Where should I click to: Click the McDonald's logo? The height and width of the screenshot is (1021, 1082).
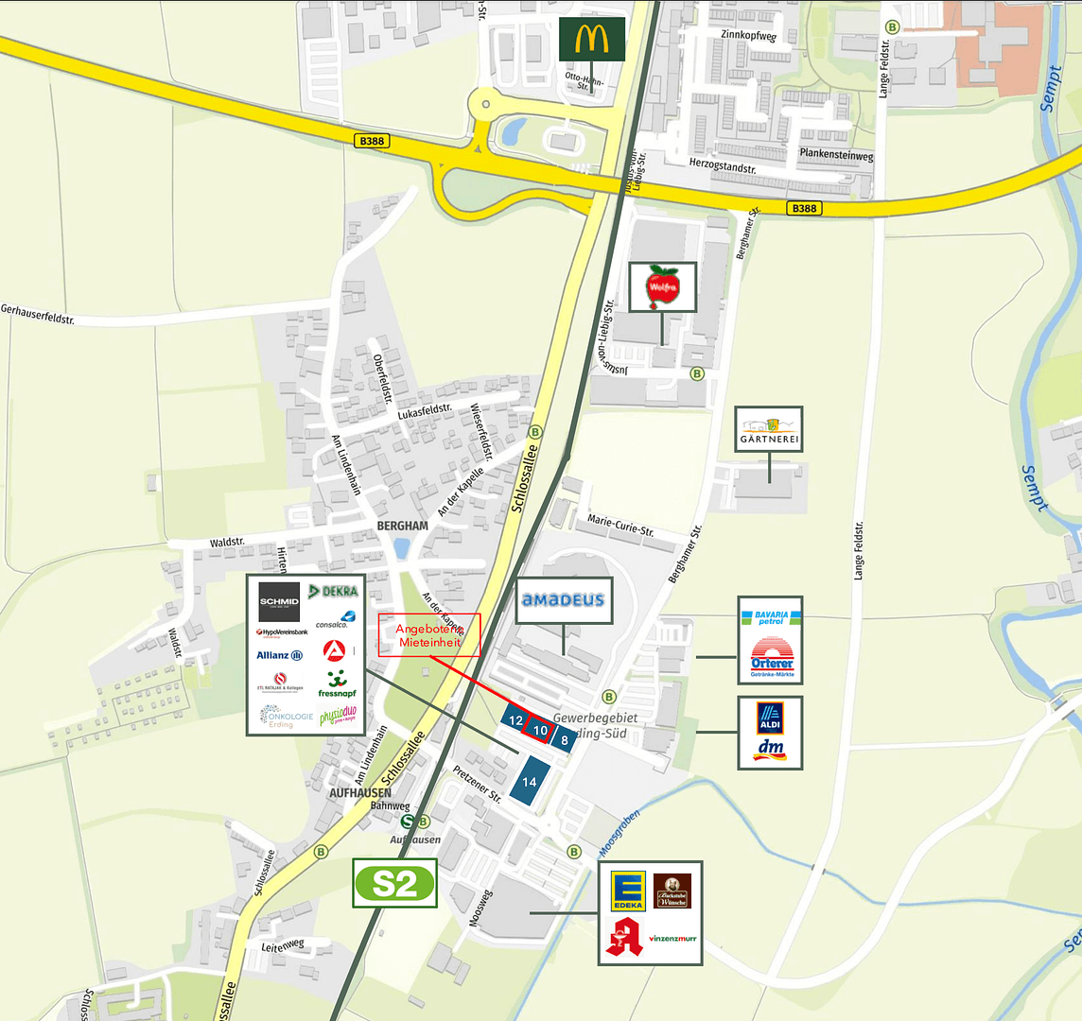pyautogui.click(x=591, y=39)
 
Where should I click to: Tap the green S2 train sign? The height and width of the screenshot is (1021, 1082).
pyautogui.click(x=394, y=883)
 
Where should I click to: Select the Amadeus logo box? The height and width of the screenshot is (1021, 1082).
pyautogui.click(x=564, y=600)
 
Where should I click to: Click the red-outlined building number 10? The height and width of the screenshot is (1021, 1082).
pyautogui.click(x=540, y=730)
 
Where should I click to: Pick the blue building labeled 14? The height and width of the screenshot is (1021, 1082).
pyautogui.click(x=529, y=783)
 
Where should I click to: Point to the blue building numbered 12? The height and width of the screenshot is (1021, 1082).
pyautogui.click(x=515, y=720)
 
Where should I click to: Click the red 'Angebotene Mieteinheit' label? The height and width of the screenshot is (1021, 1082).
pyautogui.click(x=429, y=635)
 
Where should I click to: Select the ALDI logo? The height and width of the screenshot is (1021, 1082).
pyautogui.click(x=770, y=717)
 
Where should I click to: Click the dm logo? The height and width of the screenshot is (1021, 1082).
pyautogui.click(x=770, y=750)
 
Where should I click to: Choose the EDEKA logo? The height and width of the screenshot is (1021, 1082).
pyautogui.click(x=627, y=891)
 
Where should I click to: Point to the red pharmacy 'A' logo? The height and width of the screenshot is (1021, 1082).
pyautogui.click(x=624, y=937)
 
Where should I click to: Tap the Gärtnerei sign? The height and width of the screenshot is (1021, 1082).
pyautogui.click(x=769, y=429)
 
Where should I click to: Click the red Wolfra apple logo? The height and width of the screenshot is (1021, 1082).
pyautogui.click(x=663, y=286)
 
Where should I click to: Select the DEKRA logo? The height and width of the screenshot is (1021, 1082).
pyautogui.click(x=334, y=592)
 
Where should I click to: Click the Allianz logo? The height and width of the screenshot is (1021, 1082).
pyautogui.click(x=279, y=655)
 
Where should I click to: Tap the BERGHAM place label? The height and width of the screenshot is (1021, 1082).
pyautogui.click(x=402, y=526)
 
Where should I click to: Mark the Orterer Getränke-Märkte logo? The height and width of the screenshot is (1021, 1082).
pyautogui.click(x=771, y=657)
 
